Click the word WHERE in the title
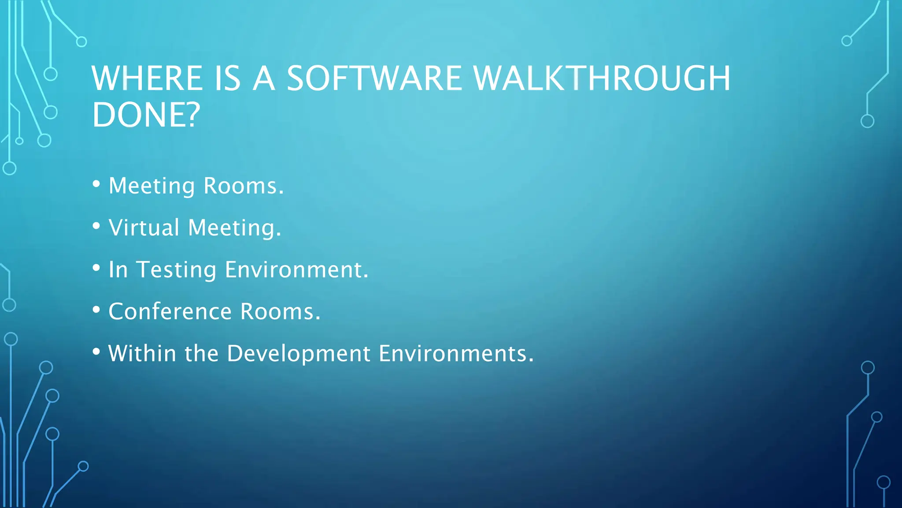(x=147, y=78)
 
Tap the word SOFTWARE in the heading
(x=374, y=78)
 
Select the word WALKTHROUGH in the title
(x=602, y=78)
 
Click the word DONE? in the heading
(x=146, y=115)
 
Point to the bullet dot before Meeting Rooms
(x=96, y=184)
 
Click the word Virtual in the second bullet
(x=144, y=228)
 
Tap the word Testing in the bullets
(x=176, y=270)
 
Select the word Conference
(x=170, y=311)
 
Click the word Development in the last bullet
(x=299, y=354)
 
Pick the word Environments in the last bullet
(x=456, y=354)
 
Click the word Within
(x=142, y=354)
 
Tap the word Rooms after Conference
(x=280, y=311)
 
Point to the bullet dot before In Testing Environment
(x=96, y=268)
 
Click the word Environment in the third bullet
(x=296, y=270)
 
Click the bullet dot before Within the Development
(x=96, y=351)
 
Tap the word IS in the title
(x=228, y=78)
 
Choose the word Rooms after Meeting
(x=243, y=186)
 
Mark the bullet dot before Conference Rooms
(x=96, y=310)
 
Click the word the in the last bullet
(x=201, y=354)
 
